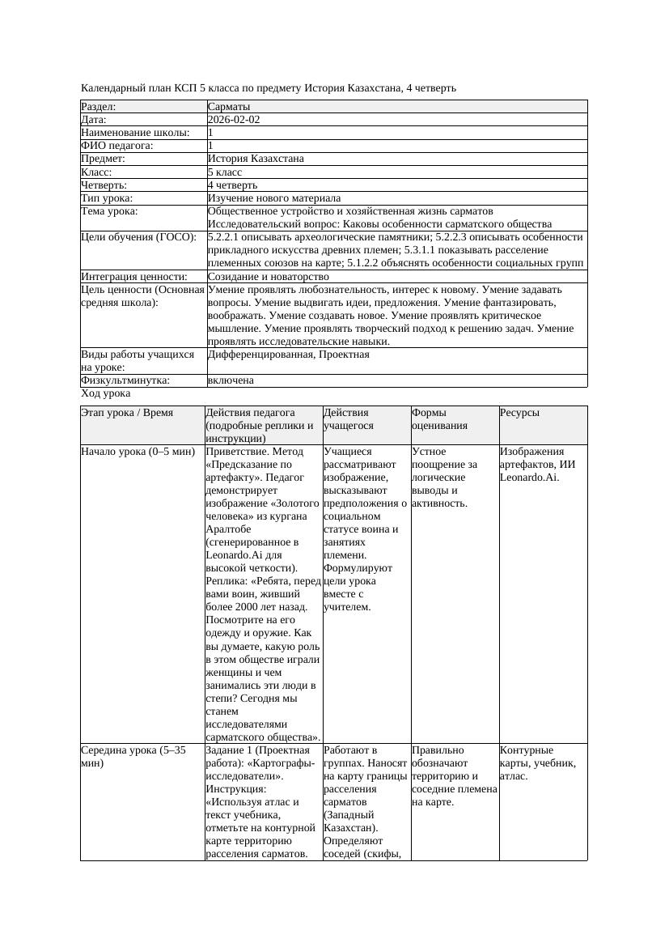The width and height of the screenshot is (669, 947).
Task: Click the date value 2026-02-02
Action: click(234, 120)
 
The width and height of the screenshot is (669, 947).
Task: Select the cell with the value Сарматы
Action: click(229, 107)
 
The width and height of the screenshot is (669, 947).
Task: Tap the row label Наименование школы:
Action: click(135, 133)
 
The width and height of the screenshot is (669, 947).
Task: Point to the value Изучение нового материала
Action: click(273, 198)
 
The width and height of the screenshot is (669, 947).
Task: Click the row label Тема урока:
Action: click(109, 211)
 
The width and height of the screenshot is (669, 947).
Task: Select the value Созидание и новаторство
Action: click(268, 277)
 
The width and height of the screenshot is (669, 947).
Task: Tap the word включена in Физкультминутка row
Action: click(231, 380)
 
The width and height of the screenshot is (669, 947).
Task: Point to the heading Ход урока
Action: click(105, 394)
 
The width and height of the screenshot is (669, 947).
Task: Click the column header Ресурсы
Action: click(519, 413)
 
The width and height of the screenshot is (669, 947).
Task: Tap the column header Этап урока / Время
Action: click(127, 413)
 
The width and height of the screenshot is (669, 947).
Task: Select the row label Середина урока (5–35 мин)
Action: click(133, 757)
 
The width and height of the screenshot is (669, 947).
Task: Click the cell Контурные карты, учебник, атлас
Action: click(537, 763)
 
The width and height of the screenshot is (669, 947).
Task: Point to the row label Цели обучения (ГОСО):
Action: click(138, 237)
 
